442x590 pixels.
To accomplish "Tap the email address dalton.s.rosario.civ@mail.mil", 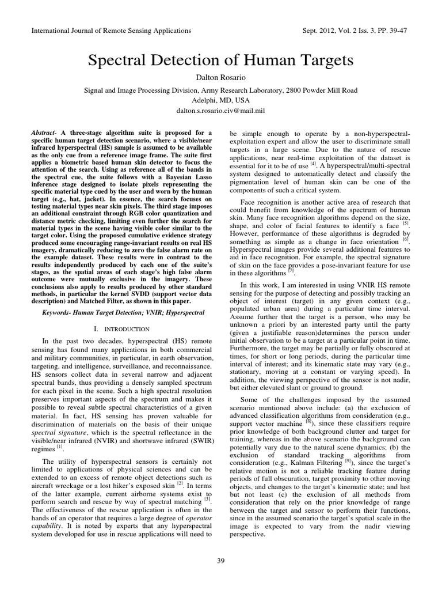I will click(x=221, y=109).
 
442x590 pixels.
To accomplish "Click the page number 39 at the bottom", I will click(x=221, y=561).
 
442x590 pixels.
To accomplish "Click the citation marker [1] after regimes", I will click(x=60, y=445).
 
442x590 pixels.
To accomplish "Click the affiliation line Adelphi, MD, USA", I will click(x=221, y=100).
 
